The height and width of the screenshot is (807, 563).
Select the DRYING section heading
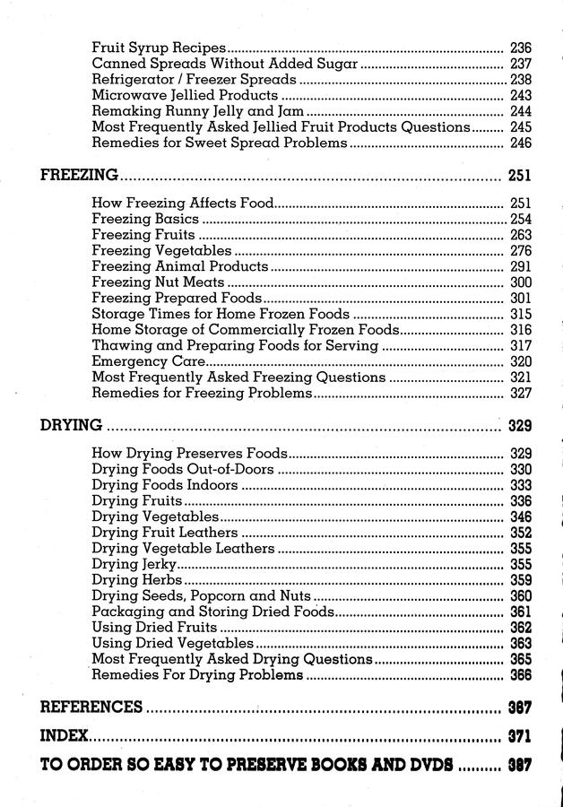coord(71,425)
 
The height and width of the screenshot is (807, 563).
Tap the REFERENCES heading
coord(91,707)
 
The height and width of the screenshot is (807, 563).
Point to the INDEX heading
coord(65,737)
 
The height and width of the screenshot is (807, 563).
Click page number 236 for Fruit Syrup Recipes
coord(520,48)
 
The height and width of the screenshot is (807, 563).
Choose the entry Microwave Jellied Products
coord(185,95)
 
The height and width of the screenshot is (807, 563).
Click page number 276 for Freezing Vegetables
coord(520,251)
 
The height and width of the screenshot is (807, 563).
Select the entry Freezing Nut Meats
coord(158,283)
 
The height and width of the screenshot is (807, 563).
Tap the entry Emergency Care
coord(149,361)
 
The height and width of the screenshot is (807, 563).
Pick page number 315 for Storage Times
coord(520,315)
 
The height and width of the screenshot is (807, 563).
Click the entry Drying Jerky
coord(134,564)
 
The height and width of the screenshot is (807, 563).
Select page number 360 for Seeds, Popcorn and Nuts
coord(520,596)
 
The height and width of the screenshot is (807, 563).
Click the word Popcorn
coord(220,596)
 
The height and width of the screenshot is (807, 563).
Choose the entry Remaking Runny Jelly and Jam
coord(197,111)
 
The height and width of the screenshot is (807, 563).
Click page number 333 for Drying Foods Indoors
coord(520,485)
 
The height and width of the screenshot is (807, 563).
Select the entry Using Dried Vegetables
coord(173,644)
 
